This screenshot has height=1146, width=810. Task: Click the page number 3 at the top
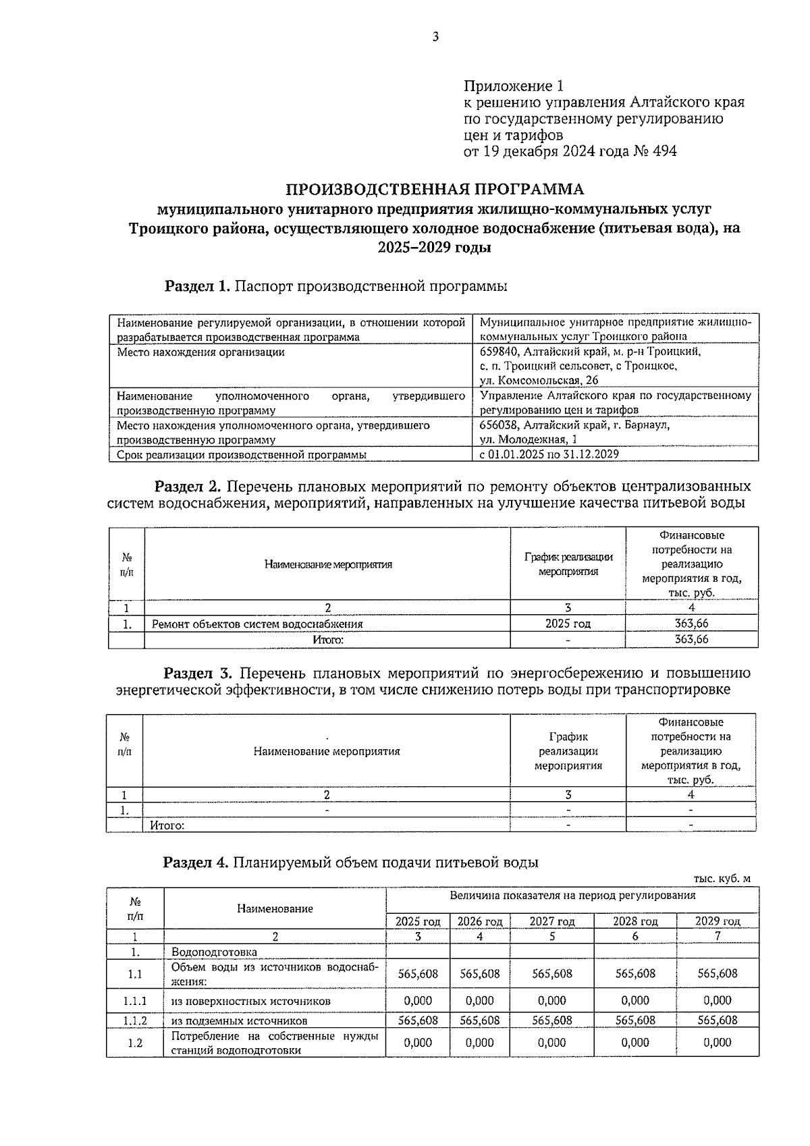(x=435, y=38)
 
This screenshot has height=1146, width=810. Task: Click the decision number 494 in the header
(x=664, y=151)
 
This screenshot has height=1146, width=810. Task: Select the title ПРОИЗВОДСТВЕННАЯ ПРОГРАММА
(x=435, y=188)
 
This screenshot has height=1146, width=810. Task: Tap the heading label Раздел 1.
(x=198, y=286)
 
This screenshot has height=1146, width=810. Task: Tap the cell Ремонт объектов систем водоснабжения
(x=257, y=624)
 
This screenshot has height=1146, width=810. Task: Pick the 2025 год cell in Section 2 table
(x=568, y=624)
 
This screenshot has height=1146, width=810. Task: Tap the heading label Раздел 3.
(x=198, y=674)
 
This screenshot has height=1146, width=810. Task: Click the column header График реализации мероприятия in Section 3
(x=568, y=751)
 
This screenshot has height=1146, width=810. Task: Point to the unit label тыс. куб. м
(x=722, y=879)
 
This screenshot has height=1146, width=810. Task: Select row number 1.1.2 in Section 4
(x=135, y=1021)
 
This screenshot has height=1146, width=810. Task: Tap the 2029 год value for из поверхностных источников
(x=717, y=1001)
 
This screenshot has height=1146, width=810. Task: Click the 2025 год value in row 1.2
(x=418, y=1043)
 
